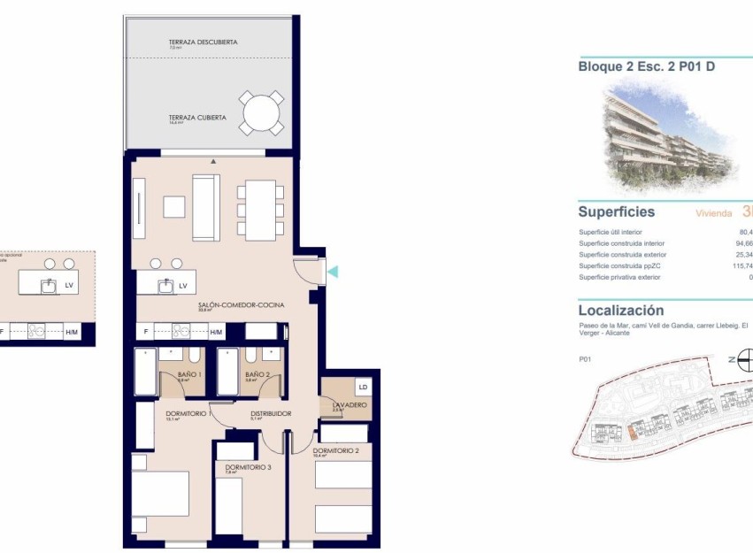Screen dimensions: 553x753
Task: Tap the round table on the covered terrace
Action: pyautogui.click(x=261, y=113)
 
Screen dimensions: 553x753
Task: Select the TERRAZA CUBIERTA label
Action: pyautogui.click(x=197, y=117)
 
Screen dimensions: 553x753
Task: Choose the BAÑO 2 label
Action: pyautogui.click(x=257, y=375)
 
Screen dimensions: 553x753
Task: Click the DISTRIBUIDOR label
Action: pyautogui.click(x=271, y=412)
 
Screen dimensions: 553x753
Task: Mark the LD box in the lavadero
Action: pyautogui.click(x=362, y=387)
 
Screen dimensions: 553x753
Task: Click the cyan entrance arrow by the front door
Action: pyautogui.click(x=333, y=272)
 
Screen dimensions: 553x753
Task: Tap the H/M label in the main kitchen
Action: pyautogui.click(x=217, y=332)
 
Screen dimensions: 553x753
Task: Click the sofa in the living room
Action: pyautogui.click(x=206, y=207)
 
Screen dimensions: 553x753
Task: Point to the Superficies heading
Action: pyautogui.click(x=616, y=212)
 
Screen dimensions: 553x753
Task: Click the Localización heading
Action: pyautogui.click(x=620, y=311)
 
